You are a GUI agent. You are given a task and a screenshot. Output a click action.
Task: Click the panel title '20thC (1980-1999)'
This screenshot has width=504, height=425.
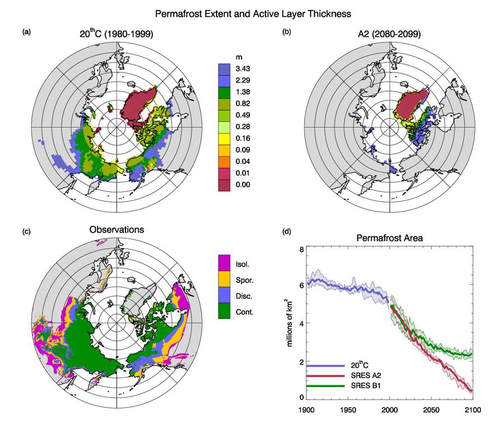[116, 34]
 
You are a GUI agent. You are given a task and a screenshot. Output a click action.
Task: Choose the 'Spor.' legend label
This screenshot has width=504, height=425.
[246, 277]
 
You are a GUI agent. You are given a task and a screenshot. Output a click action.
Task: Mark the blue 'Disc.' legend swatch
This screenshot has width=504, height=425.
[225, 294]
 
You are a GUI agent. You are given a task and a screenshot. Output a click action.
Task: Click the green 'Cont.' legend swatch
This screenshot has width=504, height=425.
[225, 311]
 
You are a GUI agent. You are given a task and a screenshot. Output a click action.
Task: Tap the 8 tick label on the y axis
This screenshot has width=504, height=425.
[300, 250]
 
